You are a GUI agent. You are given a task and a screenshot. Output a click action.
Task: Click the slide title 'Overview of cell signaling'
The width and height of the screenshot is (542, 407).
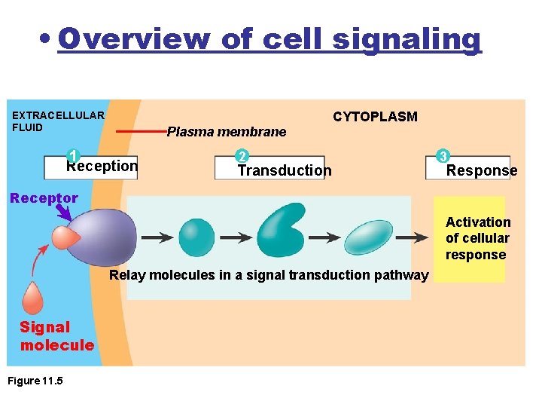[x=269, y=38]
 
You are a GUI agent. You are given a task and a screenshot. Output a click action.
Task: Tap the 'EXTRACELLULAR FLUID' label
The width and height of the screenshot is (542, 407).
[x=58, y=121]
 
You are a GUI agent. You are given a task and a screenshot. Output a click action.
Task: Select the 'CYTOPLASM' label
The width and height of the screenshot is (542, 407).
[x=375, y=116]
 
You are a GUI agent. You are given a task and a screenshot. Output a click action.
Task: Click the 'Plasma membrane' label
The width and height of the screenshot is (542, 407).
[x=226, y=132]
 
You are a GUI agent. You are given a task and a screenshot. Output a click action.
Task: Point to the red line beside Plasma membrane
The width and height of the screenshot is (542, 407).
[x=140, y=131]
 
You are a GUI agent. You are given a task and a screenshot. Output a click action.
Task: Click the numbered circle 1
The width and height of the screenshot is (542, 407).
[x=73, y=155]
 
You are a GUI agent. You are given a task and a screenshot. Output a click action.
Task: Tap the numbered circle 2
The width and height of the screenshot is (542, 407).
[x=242, y=156]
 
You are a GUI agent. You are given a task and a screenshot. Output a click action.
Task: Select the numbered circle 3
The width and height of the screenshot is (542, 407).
[x=444, y=156]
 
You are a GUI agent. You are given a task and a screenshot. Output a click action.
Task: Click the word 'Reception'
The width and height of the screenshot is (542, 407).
[x=103, y=167]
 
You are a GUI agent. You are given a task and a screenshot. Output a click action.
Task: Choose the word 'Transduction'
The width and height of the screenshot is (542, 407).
[x=285, y=170]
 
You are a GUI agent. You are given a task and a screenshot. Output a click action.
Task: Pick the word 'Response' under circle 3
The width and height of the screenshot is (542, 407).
[x=482, y=170]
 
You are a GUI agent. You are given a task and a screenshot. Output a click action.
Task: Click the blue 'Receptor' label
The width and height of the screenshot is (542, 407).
[x=44, y=198]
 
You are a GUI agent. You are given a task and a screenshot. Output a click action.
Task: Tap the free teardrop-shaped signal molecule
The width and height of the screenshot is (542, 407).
[x=32, y=297]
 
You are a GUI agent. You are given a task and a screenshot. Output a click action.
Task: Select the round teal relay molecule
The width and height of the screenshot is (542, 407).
[x=196, y=237]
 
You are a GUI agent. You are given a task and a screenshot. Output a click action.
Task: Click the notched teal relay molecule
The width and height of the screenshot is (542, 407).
[x=280, y=230]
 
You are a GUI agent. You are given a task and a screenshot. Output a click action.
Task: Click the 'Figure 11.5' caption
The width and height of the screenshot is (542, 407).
[x=35, y=381]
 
